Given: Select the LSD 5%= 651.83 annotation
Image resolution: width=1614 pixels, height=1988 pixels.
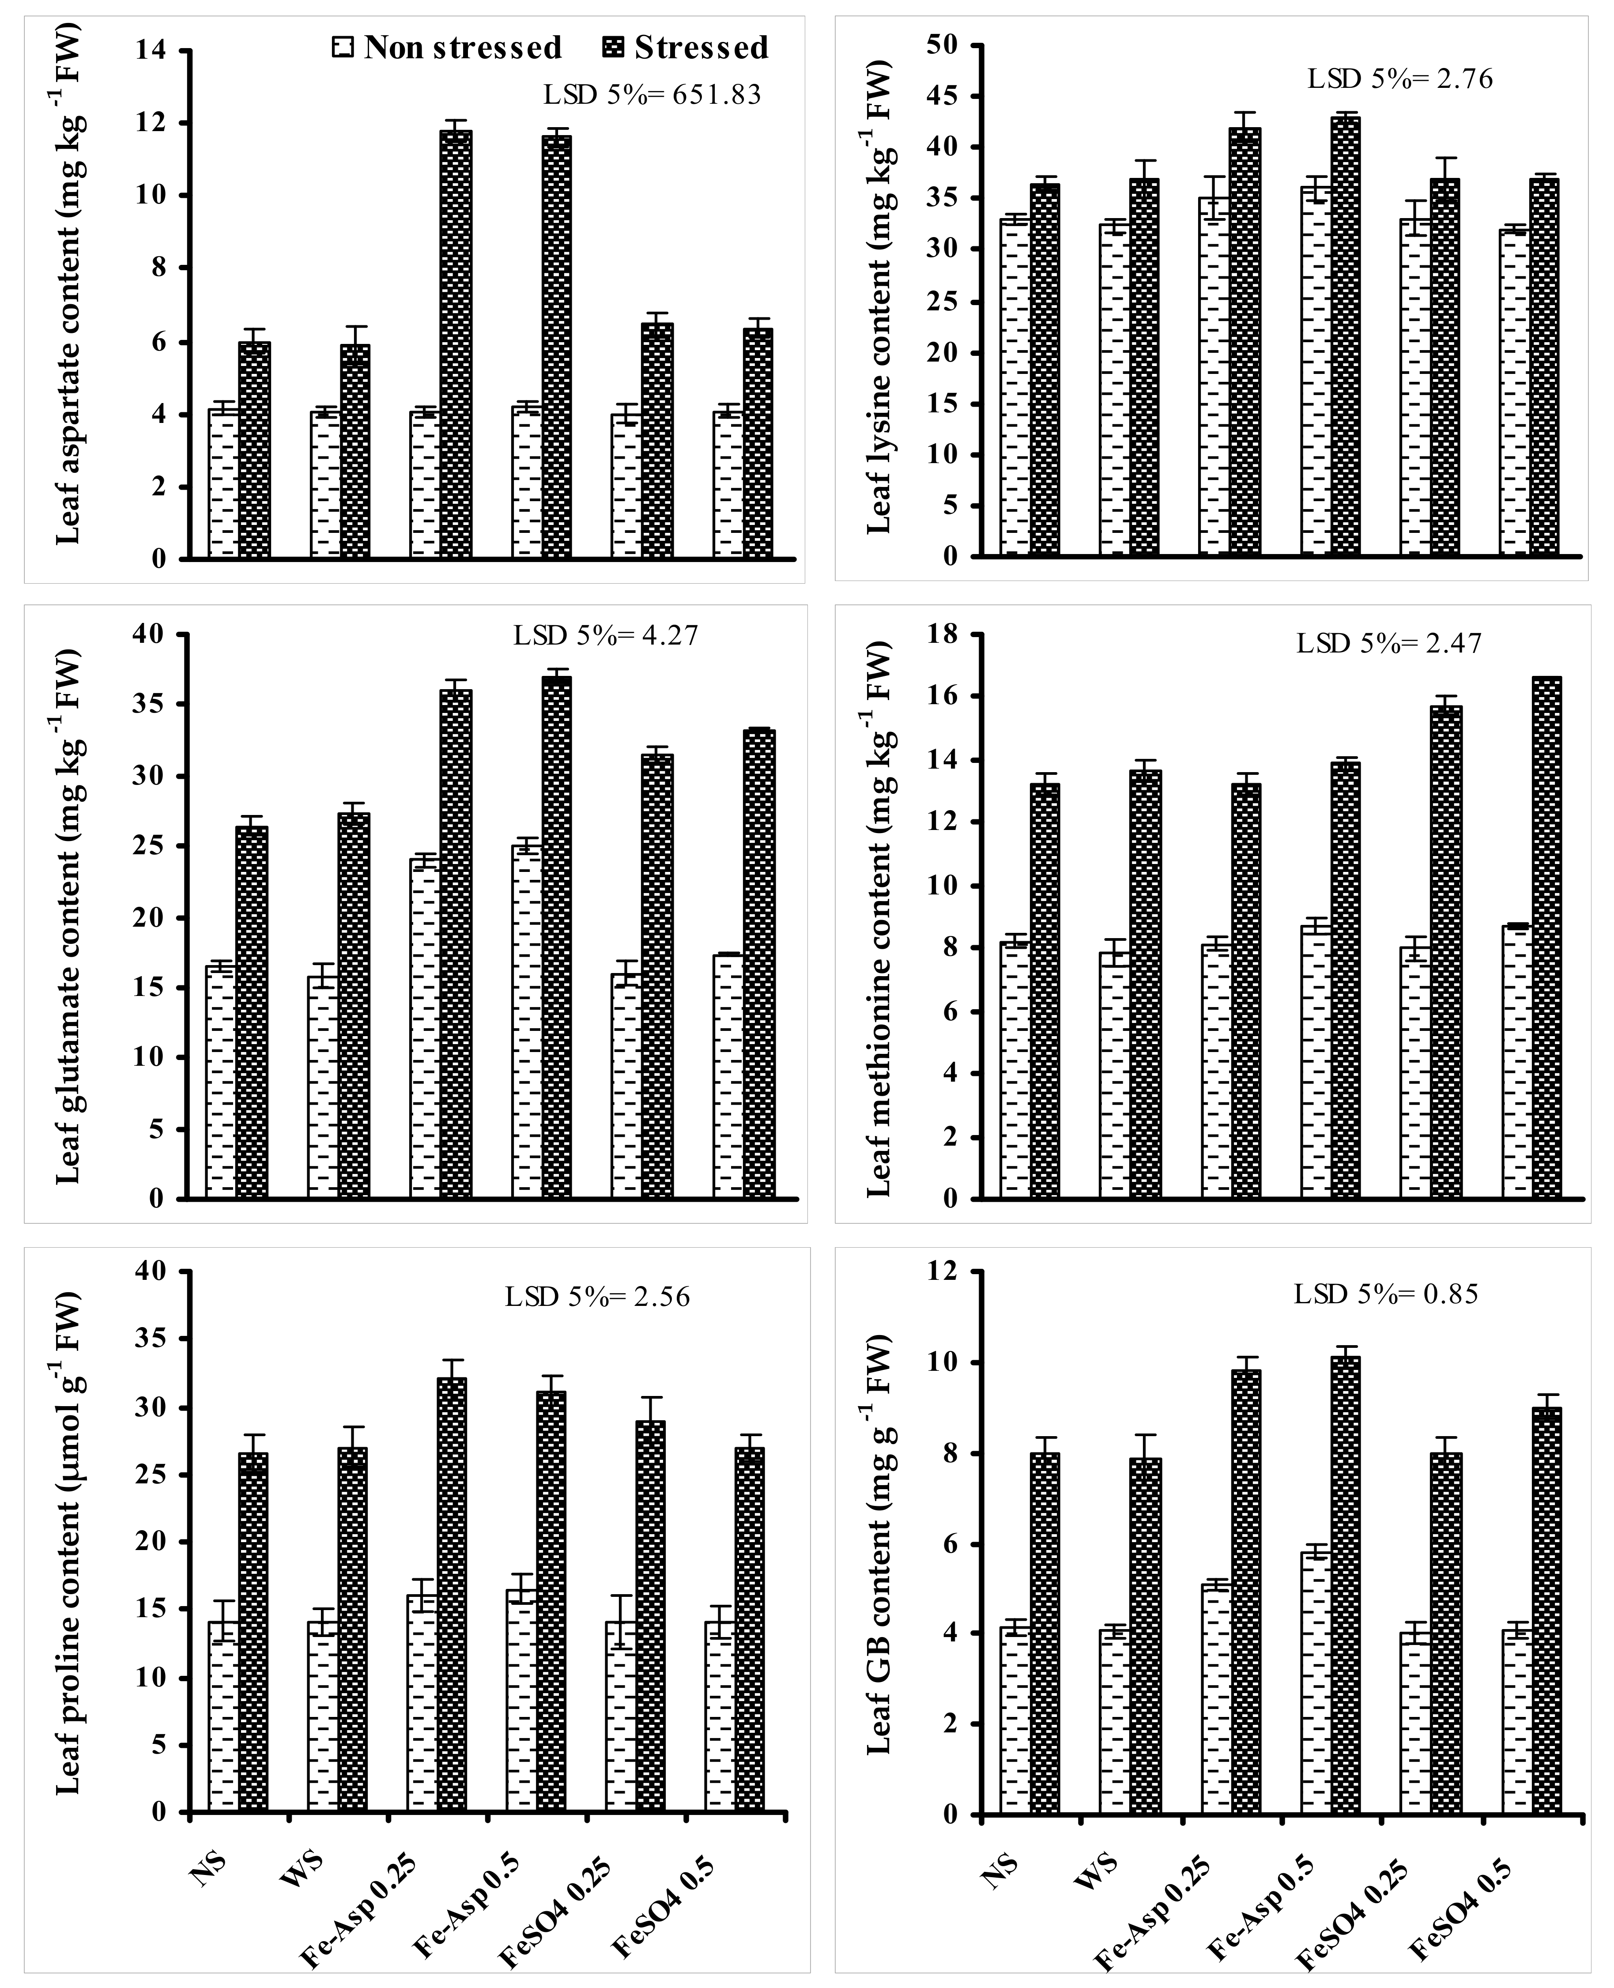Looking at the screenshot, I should point(652,95).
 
